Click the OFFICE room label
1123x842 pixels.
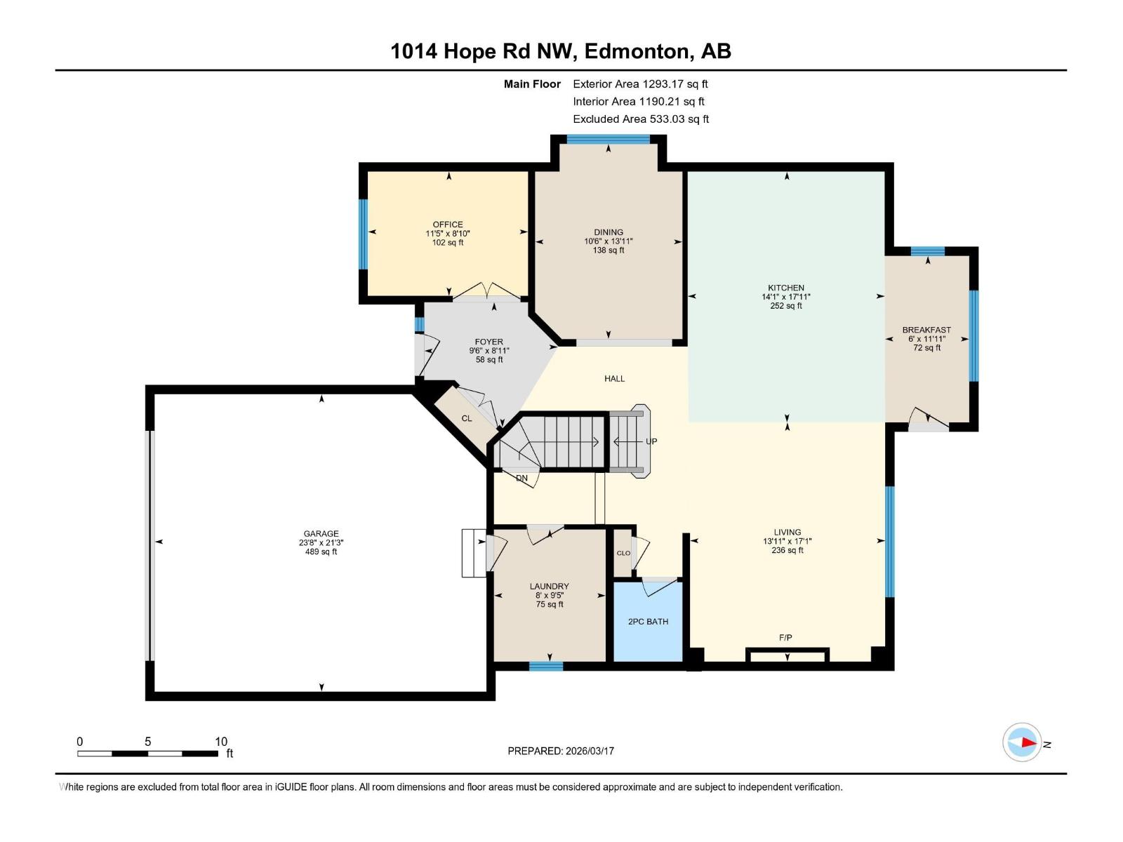pyautogui.click(x=448, y=225)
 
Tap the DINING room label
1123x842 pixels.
pyautogui.click(x=609, y=232)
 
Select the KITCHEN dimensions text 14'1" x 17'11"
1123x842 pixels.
pyautogui.click(x=786, y=297)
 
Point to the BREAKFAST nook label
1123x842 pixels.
pyautogui.click(x=926, y=330)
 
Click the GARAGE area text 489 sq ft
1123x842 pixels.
pyautogui.click(x=321, y=552)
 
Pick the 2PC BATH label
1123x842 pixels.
pyautogui.click(x=649, y=622)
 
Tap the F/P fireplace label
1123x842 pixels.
pyautogui.click(x=785, y=638)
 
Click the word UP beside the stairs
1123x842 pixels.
pyautogui.click(x=651, y=441)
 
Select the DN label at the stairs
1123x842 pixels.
pyautogui.click(x=521, y=479)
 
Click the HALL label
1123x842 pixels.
pyautogui.click(x=614, y=379)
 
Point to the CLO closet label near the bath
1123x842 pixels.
pyautogui.click(x=623, y=553)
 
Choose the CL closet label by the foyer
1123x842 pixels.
pyautogui.click(x=467, y=418)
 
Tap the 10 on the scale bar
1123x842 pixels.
pyautogui.click(x=221, y=742)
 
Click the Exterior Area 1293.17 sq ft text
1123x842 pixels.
pyautogui.click(x=640, y=83)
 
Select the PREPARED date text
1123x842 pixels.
pyautogui.click(x=561, y=751)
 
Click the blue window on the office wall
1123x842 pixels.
pyautogui.click(x=364, y=234)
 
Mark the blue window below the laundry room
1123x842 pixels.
pyautogui.click(x=546, y=666)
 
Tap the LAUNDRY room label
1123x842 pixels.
pyautogui.click(x=549, y=587)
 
